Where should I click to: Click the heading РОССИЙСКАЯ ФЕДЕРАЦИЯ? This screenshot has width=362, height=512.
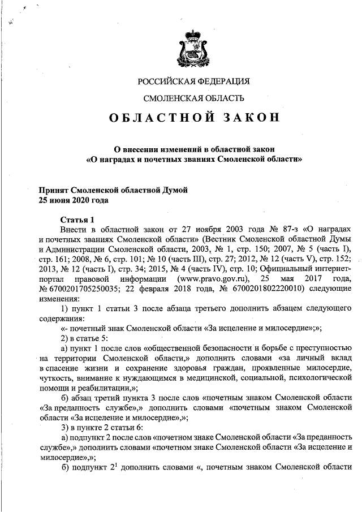194,81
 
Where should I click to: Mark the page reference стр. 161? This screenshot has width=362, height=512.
54,259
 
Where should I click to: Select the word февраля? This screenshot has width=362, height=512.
162,290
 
